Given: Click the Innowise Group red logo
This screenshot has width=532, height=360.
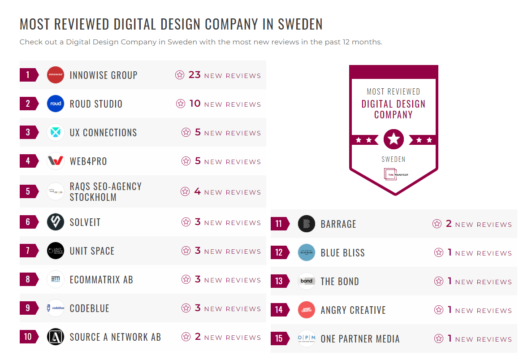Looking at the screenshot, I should (56, 75).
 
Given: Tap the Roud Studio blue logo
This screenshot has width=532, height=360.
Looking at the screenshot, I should (56, 104).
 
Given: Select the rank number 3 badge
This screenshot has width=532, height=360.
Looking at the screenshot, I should (29, 132).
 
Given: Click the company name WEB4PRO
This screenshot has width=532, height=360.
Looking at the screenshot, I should (88, 161).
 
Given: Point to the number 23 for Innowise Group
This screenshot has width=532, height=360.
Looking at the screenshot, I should (195, 75).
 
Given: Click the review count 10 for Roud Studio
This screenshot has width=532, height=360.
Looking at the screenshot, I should (195, 104).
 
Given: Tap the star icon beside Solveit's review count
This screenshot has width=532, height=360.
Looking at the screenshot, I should (186, 222).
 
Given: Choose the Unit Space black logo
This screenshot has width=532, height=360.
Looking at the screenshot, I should (56, 251).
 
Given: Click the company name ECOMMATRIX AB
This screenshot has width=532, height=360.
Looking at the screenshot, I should (101, 280).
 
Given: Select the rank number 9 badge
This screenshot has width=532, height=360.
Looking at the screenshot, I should (29, 308).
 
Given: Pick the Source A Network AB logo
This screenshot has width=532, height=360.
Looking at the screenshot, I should (56, 337).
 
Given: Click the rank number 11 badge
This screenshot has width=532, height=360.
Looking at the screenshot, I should (279, 224).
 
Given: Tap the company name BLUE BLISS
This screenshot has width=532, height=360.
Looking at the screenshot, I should (342, 253).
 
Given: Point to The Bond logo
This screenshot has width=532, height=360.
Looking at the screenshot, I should (307, 281).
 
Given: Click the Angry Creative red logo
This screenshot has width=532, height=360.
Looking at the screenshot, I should (307, 310).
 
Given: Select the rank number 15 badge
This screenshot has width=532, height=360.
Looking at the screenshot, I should (279, 338).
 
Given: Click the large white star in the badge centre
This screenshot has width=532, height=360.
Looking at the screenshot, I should (394, 139).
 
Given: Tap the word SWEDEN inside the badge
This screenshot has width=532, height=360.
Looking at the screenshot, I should (394, 159).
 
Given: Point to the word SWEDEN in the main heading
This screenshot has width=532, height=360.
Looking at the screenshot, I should (301, 24).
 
